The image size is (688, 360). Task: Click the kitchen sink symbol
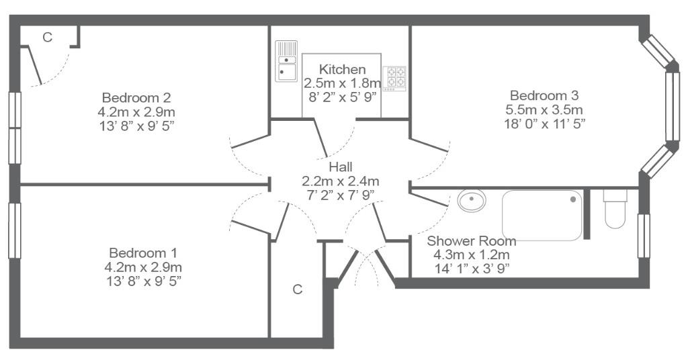click(286, 61)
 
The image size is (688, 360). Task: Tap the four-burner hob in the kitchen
click(394, 79)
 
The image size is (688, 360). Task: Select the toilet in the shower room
click(615, 209)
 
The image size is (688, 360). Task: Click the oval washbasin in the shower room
click(472, 201)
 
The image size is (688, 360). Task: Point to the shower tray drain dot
click(573, 199)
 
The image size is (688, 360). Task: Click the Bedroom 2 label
click(136, 97)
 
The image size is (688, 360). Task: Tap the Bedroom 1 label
click(143, 253)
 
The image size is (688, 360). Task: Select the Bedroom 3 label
click(544, 95)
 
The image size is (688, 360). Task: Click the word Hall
click(341, 167)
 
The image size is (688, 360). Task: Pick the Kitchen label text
click(342, 69)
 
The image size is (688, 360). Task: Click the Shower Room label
click(471, 240)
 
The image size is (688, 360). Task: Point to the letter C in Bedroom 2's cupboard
click(48, 38)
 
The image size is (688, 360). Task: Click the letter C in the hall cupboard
click(298, 289)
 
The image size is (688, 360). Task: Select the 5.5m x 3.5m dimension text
click(544, 109)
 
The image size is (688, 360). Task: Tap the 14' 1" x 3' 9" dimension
click(472, 269)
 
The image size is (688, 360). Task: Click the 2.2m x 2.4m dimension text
click(341, 181)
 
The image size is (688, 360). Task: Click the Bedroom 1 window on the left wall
click(15, 230)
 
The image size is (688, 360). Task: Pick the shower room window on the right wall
click(644, 236)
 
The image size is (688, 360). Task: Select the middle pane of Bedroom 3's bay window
click(672, 107)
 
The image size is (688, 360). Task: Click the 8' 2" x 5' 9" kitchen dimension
click(343, 97)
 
